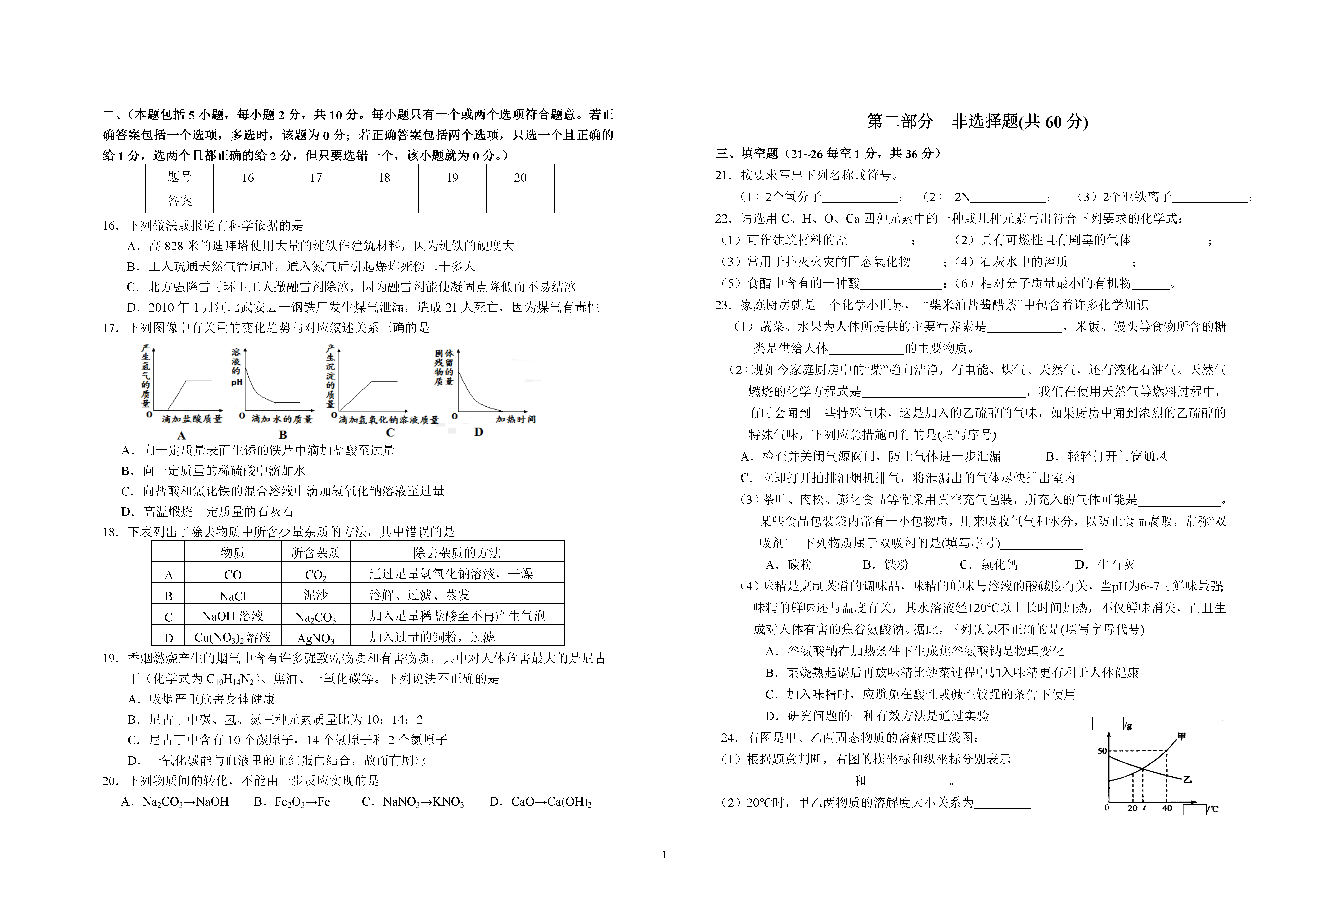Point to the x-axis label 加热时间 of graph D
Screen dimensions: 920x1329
[516, 419]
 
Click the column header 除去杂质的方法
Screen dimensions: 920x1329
[457, 553]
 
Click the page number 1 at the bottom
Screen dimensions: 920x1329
[664, 855]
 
